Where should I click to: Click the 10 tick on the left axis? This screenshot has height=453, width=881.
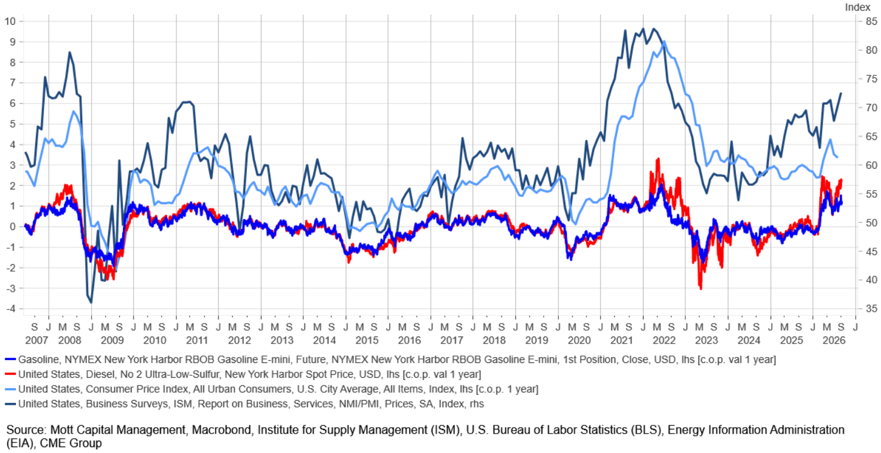coord(10,21)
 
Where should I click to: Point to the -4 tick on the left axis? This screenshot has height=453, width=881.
coord(11,308)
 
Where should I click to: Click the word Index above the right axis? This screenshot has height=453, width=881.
coord(858,7)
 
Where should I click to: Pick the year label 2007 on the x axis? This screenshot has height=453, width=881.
coord(36,340)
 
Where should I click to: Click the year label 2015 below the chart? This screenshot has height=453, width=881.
coord(367,340)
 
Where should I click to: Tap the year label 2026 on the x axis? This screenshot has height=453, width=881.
coord(834,340)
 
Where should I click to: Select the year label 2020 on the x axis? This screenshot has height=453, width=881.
coord(579,340)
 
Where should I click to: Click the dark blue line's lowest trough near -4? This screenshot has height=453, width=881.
coord(91,302)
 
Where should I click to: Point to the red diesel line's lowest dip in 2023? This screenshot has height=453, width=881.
coord(701,288)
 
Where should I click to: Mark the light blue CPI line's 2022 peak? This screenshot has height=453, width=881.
coord(664,41)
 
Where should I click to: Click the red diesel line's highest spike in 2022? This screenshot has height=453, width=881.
coord(658,159)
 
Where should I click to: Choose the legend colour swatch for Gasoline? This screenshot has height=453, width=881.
coord(11,359)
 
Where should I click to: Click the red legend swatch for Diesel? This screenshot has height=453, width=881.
coord(11,374)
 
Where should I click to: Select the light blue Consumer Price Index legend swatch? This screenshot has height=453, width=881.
coord(11,389)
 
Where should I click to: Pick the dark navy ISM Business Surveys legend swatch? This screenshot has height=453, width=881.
coord(11,404)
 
